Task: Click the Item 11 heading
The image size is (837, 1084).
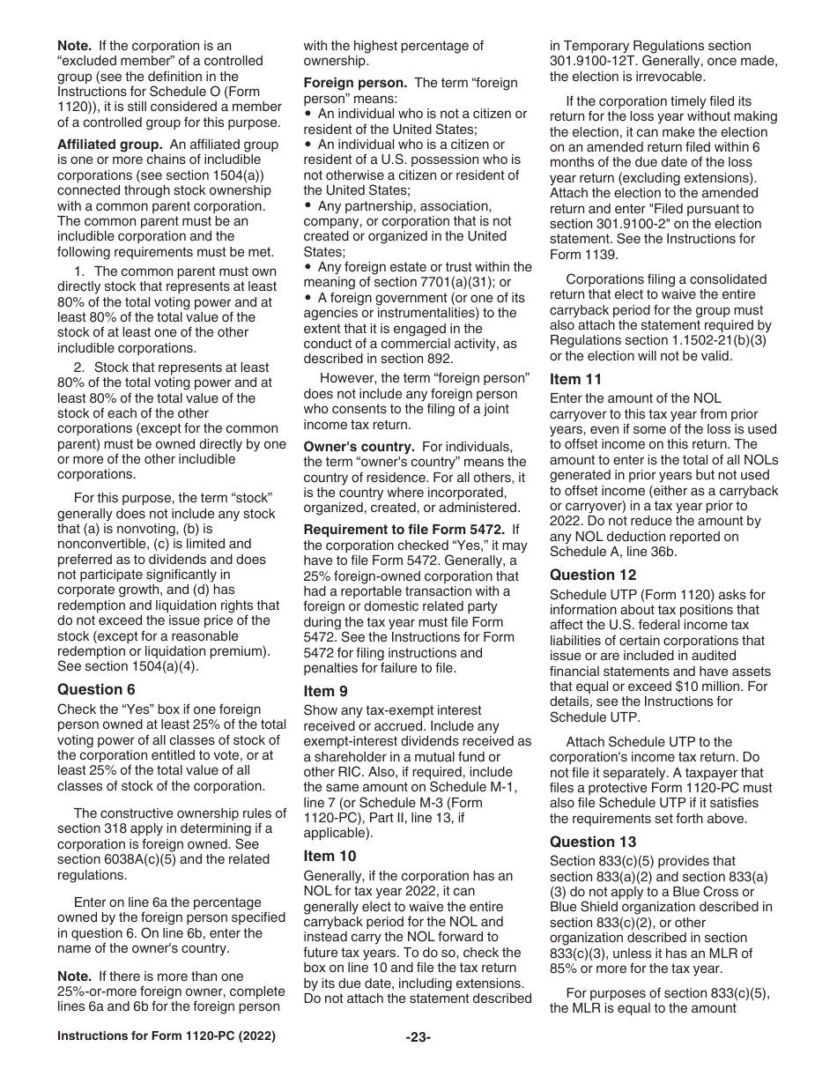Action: (x=576, y=379)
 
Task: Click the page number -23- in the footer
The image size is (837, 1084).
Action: (x=418, y=1037)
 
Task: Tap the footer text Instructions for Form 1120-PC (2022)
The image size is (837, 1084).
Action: (x=167, y=1037)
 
